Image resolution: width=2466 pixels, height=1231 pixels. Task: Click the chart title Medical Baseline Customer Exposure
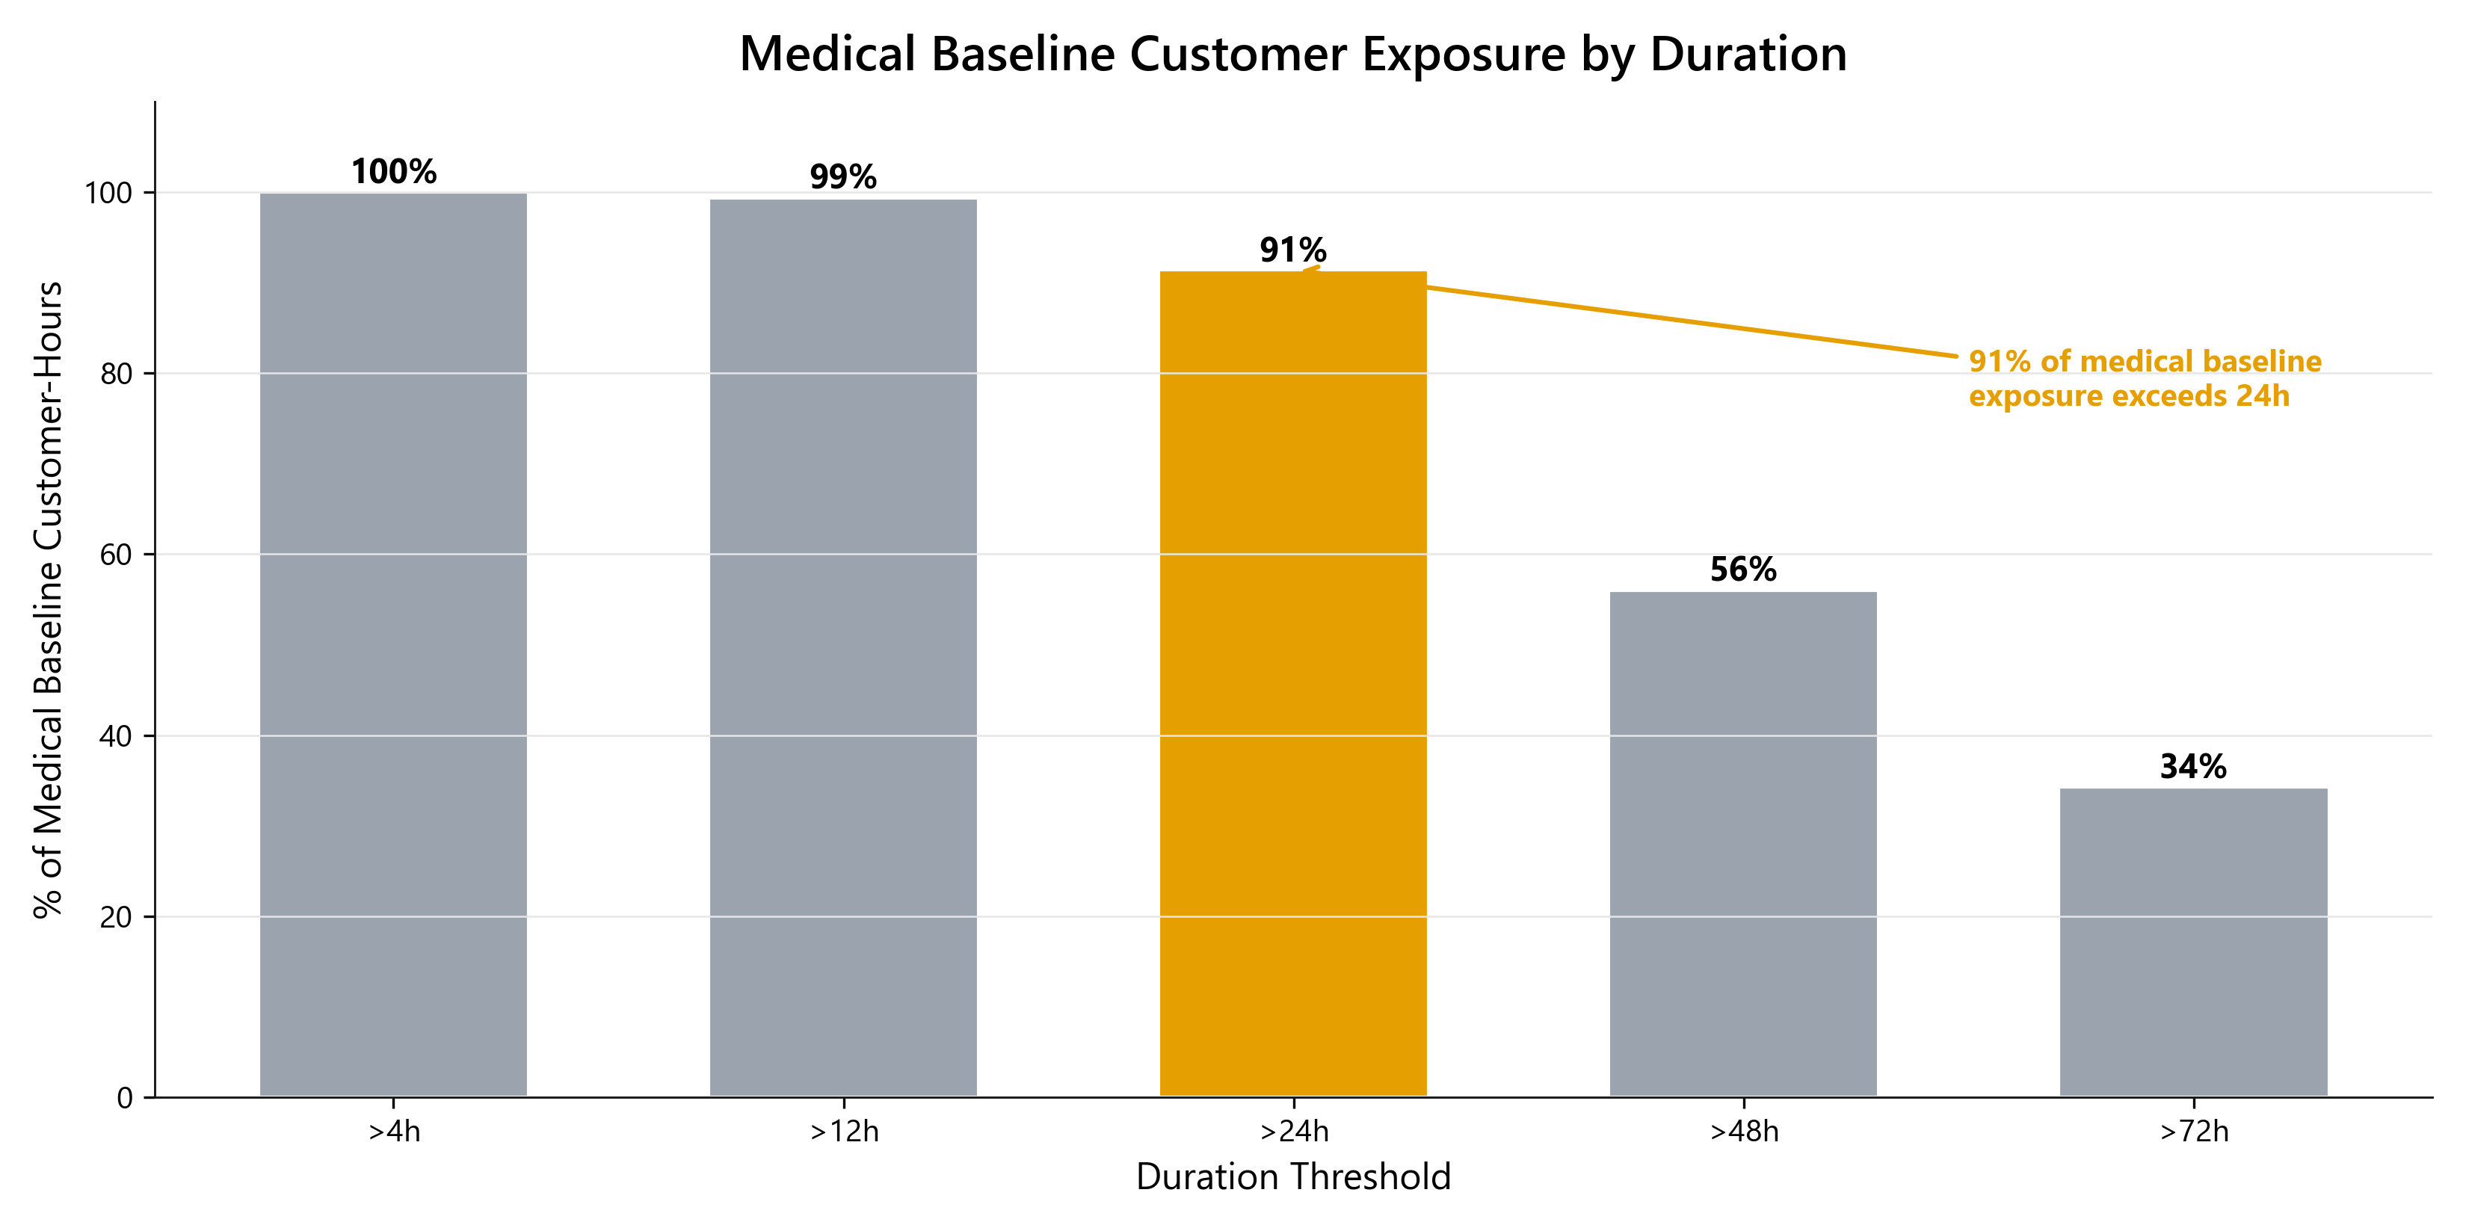tap(1292, 55)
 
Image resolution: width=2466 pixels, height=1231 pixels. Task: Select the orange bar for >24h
tap(1292, 685)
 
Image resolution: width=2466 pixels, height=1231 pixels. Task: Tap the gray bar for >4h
tap(392, 644)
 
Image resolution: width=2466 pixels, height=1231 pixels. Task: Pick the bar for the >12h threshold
tap(842, 648)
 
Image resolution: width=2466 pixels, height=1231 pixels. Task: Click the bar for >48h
tap(1742, 845)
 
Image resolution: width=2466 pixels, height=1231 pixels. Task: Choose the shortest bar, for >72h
tap(2193, 943)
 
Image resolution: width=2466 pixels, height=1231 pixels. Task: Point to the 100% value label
tap(393, 173)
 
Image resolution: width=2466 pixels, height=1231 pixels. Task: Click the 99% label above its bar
tap(842, 177)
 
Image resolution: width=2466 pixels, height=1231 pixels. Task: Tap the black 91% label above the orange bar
tap(1292, 251)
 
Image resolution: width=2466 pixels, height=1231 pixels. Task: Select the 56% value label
tap(1742, 570)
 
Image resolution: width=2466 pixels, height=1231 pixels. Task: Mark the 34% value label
tap(2193, 767)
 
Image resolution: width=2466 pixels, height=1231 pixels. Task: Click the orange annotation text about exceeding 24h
tap(2145, 378)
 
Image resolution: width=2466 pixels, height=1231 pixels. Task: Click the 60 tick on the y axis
tap(116, 555)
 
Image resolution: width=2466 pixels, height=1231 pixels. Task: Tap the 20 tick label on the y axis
tap(116, 917)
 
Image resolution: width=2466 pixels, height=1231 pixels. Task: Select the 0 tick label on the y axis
tap(124, 1098)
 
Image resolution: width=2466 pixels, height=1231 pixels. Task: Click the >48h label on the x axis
tap(1743, 1132)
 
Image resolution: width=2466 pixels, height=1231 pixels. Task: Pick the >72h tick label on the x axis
tap(2193, 1132)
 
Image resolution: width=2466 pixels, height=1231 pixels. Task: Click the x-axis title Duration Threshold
tap(1292, 1176)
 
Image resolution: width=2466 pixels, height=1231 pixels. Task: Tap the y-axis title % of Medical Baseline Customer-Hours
tap(48, 599)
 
